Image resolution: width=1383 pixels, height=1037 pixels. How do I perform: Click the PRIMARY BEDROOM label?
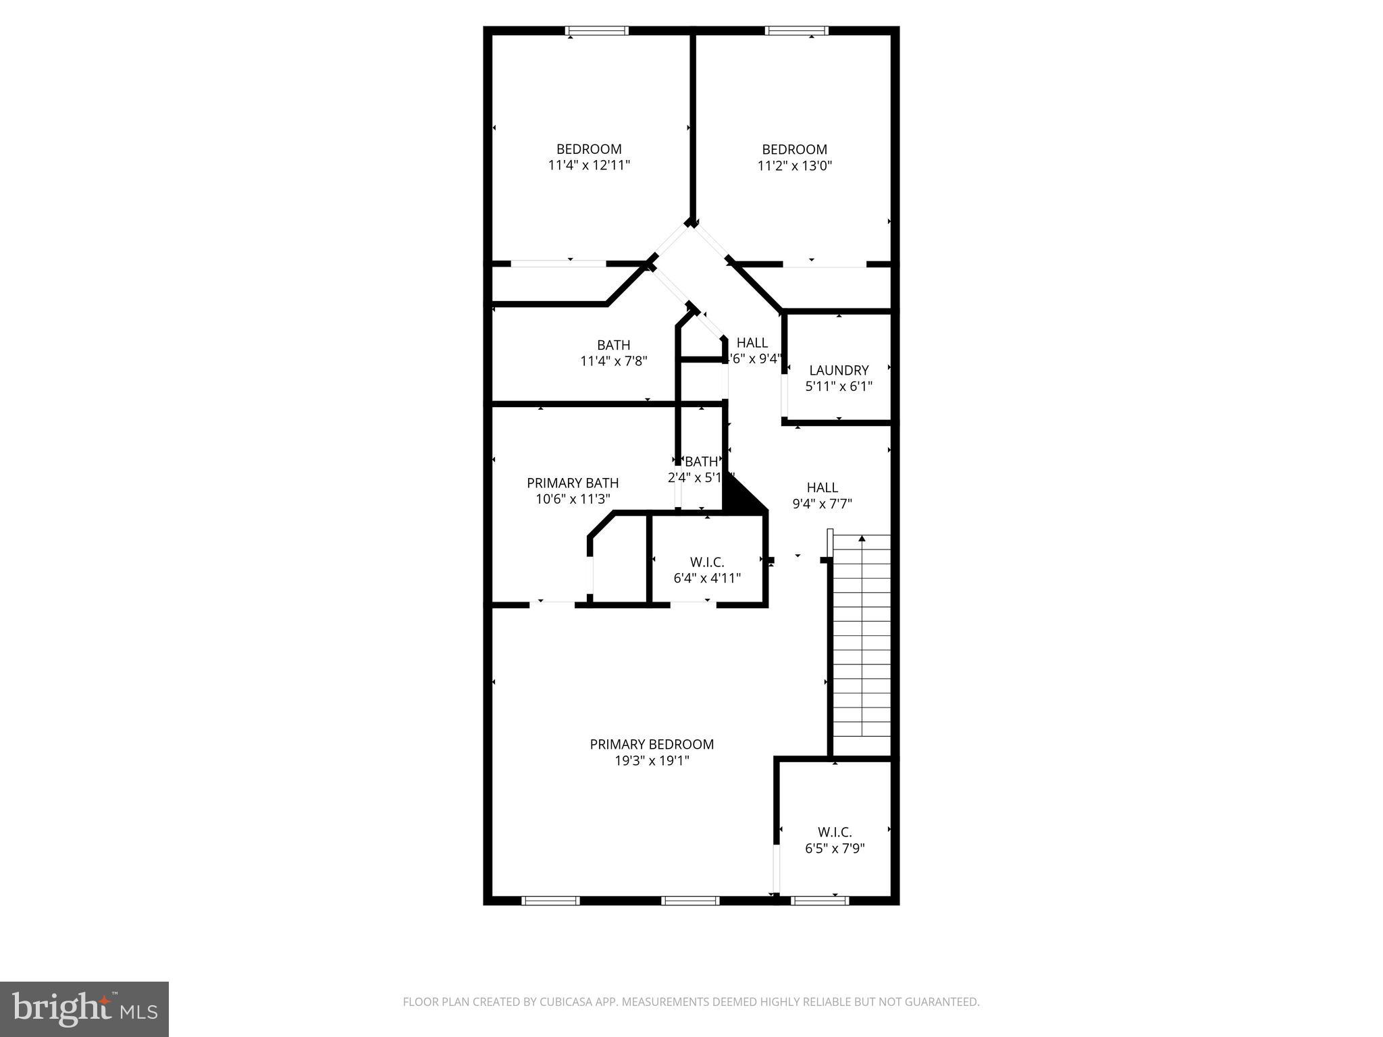652,744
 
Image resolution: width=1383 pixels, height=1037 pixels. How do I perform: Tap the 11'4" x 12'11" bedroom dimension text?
589,165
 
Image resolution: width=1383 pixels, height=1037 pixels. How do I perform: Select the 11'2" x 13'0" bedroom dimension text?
794,165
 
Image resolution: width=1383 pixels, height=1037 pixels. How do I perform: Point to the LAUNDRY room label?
839,370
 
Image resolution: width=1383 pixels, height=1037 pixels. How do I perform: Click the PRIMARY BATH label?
573,483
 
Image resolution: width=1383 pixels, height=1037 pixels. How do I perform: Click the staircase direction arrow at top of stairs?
862,539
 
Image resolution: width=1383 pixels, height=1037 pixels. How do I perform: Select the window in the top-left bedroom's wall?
597,30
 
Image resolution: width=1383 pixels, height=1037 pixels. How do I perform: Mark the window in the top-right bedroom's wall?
796,30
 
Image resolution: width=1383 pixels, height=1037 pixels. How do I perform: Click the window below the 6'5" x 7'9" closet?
819,900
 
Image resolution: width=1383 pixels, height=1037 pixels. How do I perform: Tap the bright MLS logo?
84,1009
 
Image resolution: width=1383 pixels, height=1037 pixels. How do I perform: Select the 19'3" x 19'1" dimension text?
652,761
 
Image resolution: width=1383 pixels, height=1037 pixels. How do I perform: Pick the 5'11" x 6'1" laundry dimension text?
839,386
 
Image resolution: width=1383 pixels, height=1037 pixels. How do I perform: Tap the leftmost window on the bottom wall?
550,900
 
